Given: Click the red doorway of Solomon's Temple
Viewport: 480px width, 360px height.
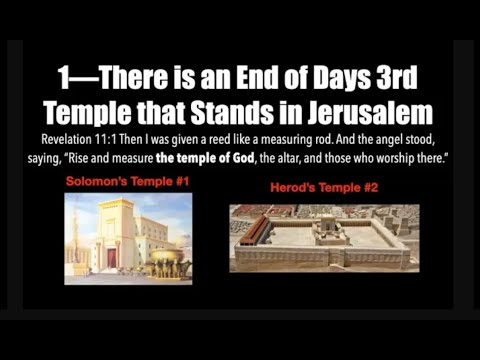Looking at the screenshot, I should (x=113, y=257).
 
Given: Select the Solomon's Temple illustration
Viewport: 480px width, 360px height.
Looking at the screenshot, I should (x=128, y=233).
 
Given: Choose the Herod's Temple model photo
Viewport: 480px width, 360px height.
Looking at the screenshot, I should (x=323, y=237).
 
